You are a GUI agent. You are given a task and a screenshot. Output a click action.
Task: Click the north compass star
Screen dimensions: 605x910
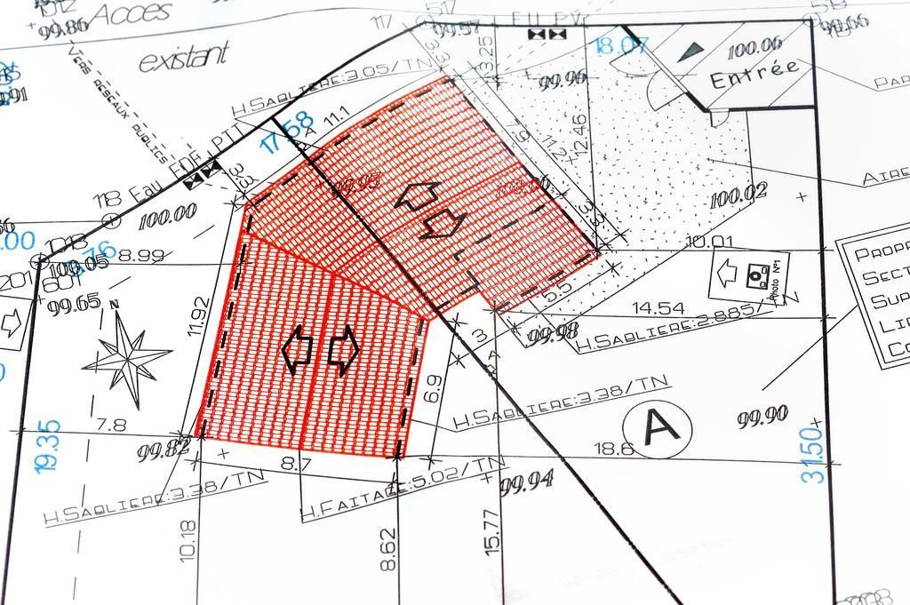[x=127, y=359]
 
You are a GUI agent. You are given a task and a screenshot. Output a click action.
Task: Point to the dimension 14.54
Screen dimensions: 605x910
[x=658, y=308]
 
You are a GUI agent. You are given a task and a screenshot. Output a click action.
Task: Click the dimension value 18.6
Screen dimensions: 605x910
[x=613, y=450]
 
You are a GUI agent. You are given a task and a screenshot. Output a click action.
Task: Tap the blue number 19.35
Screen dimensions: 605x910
[x=50, y=444]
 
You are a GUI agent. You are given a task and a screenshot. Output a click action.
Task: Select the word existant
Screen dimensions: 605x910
[x=184, y=57]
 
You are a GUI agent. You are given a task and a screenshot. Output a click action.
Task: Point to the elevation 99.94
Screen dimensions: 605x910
[x=527, y=482]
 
